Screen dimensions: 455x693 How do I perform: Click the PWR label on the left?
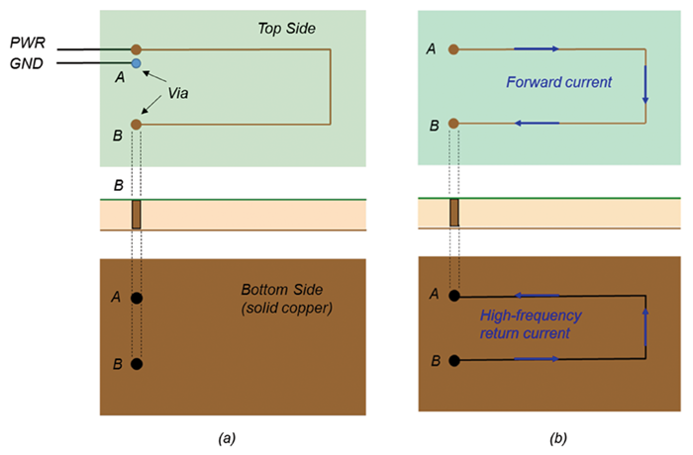coord(29,45)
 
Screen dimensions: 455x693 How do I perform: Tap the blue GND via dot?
coord(137,63)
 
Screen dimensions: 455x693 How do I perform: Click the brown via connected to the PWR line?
coord(137,47)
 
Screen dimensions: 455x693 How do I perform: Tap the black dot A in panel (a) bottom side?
coord(137,297)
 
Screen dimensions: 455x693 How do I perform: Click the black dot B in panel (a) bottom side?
coord(137,363)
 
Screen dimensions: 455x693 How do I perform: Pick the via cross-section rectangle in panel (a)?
coord(137,215)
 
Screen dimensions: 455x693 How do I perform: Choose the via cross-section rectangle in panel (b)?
coord(454,213)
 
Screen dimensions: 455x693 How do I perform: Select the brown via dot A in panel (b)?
coord(453,47)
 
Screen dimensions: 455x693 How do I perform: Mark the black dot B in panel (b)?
coord(454,360)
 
